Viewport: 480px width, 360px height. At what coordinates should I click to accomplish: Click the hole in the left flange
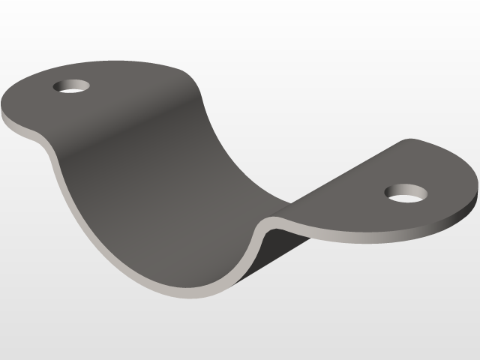point(72,85)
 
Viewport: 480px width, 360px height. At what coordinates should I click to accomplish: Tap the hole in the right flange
point(406,194)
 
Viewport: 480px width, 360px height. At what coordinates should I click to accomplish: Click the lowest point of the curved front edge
point(187,292)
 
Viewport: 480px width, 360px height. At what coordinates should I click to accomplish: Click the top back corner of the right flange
point(409,140)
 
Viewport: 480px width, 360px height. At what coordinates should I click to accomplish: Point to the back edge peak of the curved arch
point(187,71)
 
